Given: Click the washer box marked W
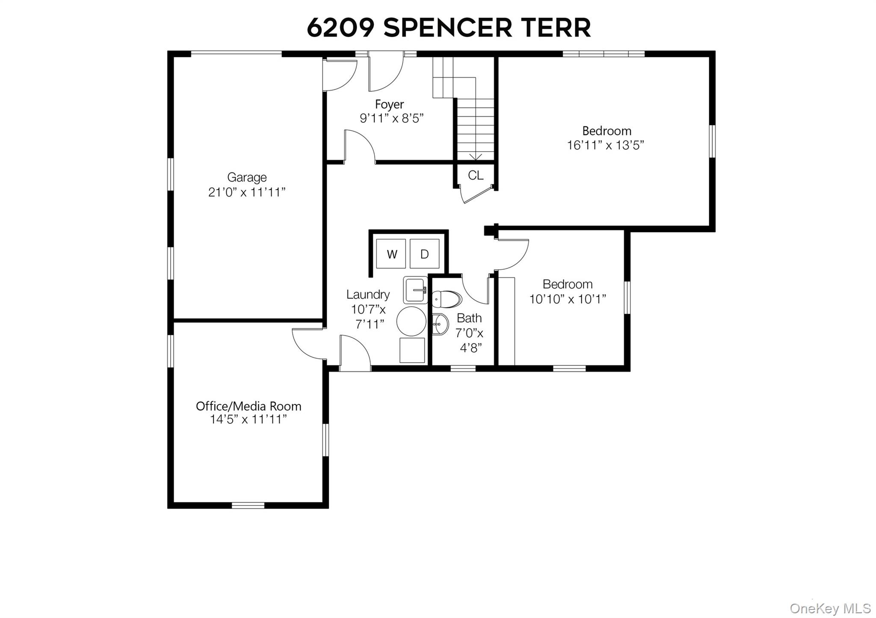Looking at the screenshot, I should click(391, 254).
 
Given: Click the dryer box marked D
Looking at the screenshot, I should click(424, 254).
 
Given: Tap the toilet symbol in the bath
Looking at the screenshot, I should click(447, 299).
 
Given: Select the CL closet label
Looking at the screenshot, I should click(476, 175).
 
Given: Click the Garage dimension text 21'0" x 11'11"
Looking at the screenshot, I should click(247, 192).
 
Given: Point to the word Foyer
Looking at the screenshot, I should click(389, 104).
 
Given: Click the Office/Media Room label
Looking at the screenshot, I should click(249, 406).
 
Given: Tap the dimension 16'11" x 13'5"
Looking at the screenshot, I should click(606, 145).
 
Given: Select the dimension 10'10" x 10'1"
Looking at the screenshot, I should click(568, 299).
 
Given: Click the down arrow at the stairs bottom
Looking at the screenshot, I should click(476, 157).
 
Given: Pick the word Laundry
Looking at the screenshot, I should click(368, 294).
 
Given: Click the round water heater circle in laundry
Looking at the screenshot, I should click(411, 321).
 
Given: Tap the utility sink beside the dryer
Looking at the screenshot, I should click(415, 290).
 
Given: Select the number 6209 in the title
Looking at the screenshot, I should click(340, 28).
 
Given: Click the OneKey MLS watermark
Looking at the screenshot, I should click(830, 608).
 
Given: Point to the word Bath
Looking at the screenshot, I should click(469, 318).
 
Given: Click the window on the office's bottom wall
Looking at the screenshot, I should click(248, 505).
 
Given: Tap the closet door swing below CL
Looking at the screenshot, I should click(473, 196).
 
